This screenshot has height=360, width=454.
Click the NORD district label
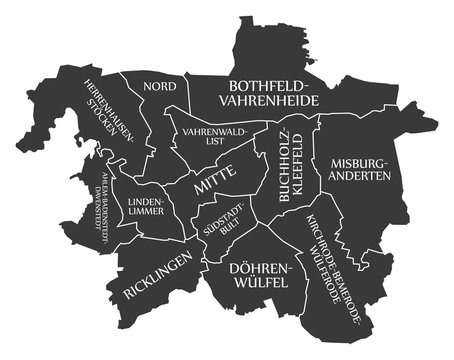tap(159, 86)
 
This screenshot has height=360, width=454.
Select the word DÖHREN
tap(258, 268)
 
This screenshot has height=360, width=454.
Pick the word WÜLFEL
tap(258, 283)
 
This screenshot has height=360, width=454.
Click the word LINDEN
tap(146, 201)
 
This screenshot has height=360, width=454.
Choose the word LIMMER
tap(146, 212)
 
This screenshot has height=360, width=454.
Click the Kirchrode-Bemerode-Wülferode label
tap(334, 261)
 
